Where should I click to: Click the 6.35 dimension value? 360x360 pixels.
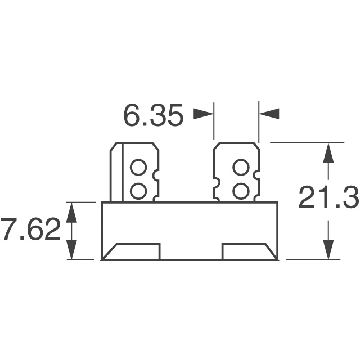tap(153, 116)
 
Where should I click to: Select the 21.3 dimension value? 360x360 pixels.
tap(328, 199)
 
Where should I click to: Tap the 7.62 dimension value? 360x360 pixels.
tap(30, 231)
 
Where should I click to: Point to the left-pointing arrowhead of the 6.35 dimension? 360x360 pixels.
tap(269, 114)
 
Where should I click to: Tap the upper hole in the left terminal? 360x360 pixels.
tap(138, 167)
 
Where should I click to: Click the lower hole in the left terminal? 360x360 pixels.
tap(138, 191)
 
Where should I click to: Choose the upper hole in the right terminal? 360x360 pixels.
tap(240, 167)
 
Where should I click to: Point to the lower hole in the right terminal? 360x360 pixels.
tap(240, 191)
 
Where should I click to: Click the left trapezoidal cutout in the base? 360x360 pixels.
tap(133, 251)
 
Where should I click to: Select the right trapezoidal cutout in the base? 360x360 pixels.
tap(247, 251)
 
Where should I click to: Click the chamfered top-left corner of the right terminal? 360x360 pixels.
tap(217, 146)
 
